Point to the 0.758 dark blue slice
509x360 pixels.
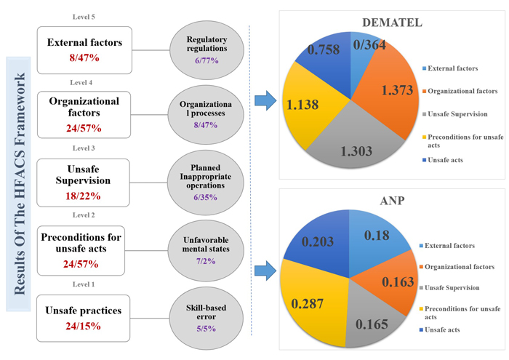pyautogui.click(x=320, y=52)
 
